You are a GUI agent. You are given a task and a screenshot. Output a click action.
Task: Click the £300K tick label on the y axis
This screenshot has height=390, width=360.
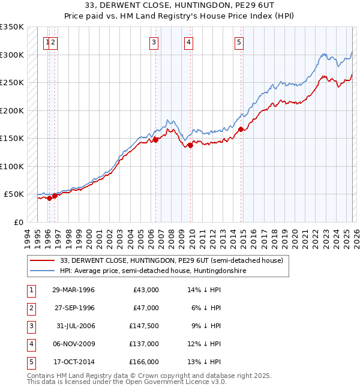12,55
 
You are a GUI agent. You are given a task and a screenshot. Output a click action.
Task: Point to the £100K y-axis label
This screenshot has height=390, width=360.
12,166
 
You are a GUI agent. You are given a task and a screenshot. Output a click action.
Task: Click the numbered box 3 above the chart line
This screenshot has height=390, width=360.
154,42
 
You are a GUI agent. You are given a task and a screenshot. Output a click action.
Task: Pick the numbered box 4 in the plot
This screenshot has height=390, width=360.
188,42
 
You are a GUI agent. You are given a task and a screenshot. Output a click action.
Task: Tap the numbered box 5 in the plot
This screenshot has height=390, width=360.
239,42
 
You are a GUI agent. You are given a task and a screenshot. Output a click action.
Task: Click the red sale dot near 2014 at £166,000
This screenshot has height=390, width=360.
241,129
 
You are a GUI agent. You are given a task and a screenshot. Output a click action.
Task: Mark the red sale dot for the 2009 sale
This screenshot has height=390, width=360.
190,145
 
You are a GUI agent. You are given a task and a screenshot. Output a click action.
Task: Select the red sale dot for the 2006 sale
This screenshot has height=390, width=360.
156,139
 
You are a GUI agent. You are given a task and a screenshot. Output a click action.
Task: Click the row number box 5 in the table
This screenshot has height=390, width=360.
31,362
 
